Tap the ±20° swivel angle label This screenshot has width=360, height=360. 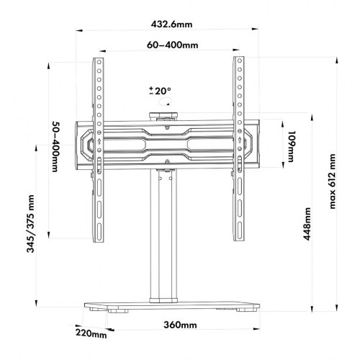[x=160, y=91]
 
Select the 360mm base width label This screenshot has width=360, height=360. [x=179, y=325]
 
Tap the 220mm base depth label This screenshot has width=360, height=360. [x=92, y=333]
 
